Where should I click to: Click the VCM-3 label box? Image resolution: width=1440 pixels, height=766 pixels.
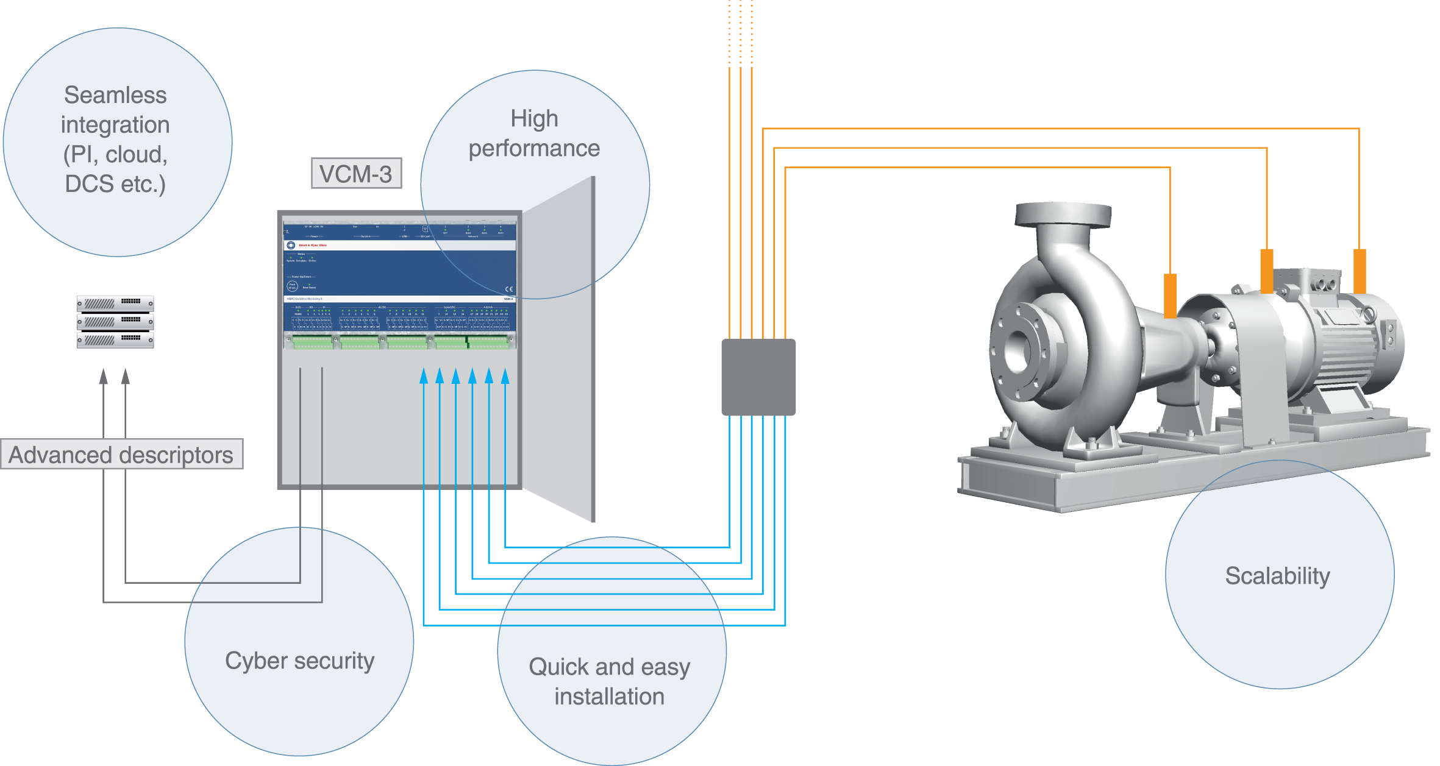(356, 174)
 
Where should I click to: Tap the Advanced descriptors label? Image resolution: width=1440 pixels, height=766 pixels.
(121, 455)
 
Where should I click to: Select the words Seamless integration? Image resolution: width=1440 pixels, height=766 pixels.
(115, 110)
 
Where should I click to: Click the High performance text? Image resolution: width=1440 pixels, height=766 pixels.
(534, 133)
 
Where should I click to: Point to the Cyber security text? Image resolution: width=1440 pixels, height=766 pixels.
(299, 661)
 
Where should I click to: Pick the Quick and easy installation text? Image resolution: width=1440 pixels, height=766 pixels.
(609, 681)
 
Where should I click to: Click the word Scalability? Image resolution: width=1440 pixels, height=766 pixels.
(1277, 576)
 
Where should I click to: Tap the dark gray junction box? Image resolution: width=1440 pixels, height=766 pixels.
(758, 377)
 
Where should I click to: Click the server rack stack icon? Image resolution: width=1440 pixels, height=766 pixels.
(115, 322)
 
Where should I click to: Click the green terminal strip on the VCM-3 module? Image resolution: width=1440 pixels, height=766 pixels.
(399, 342)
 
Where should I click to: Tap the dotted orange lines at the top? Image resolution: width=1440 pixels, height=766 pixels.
(740, 30)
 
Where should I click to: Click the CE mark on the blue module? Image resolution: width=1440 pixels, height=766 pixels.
(508, 289)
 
